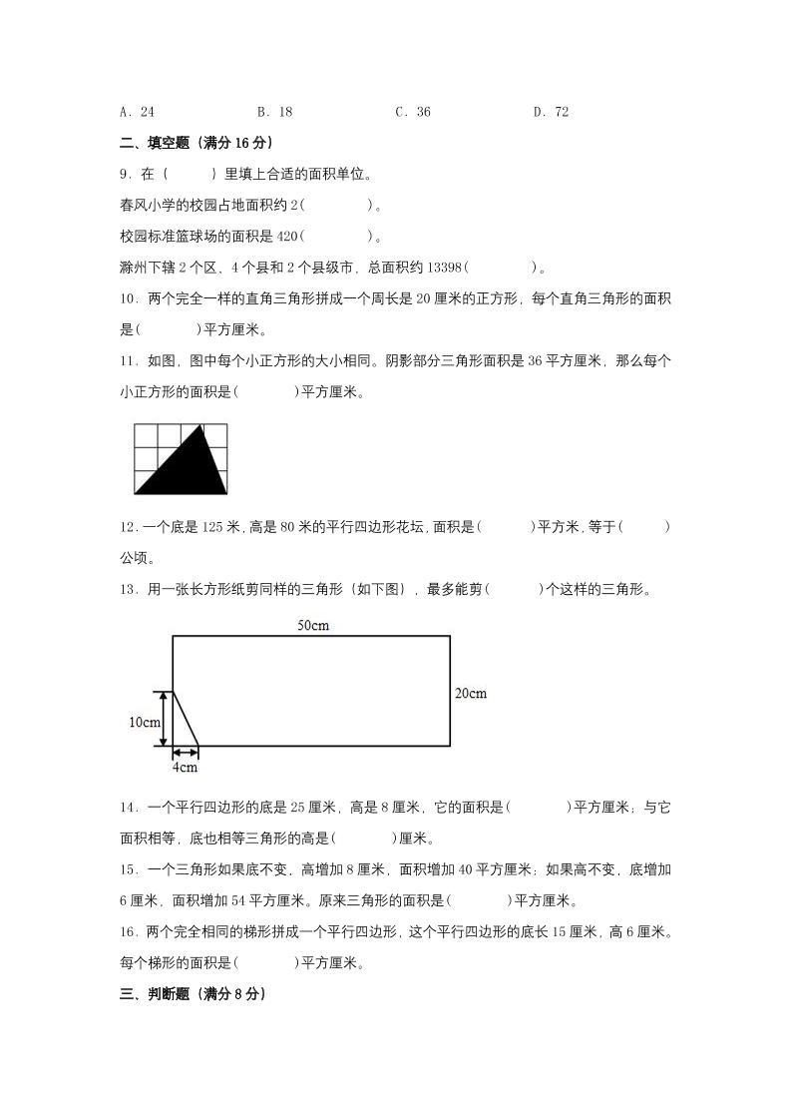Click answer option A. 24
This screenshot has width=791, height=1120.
coord(136,112)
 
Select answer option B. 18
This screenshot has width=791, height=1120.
coord(274,112)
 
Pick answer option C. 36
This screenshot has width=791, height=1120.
coord(413,112)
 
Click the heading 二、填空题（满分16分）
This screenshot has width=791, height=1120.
coord(196,143)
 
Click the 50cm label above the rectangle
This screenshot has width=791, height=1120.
coord(313,626)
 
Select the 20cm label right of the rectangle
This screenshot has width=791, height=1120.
coord(471,693)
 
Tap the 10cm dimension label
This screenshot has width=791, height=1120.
coord(145,723)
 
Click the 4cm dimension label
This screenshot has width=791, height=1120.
coord(185,768)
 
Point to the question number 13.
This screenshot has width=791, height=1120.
coord(127,589)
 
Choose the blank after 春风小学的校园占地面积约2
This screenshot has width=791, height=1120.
coord(336,205)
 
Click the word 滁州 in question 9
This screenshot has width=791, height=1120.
coord(132,267)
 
